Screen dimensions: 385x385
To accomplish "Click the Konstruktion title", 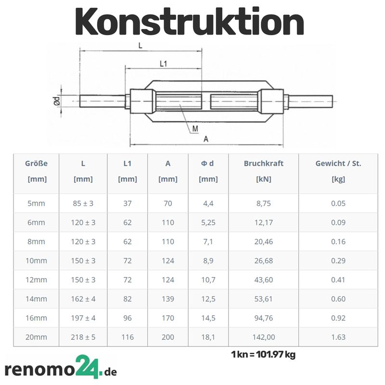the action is click(x=190, y=22).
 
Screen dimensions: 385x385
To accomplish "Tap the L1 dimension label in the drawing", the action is click(x=163, y=64).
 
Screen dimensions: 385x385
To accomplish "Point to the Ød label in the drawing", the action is click(x=57, y=101).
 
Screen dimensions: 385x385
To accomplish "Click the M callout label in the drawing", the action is click(x=195, y=128).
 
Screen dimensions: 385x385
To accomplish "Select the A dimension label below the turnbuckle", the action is click(x=206, y=139).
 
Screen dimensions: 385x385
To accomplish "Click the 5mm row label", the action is click(x=37, y=203).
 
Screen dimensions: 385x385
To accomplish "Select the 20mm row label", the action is click(x=37, y=337).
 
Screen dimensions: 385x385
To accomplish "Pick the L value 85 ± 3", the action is click(x=83, y=203).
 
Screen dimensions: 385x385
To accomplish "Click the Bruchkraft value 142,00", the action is click(x=263, y=337).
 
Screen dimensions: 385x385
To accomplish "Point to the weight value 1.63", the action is click(x=338, y=337).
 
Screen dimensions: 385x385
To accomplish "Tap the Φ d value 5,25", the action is click(x=208, y=222).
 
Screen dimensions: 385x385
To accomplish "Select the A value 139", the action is click(x=168, y=299).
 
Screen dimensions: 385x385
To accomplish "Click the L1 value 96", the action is click(x=128, y=318).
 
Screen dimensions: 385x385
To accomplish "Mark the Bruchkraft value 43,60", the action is click(x=263, y=280).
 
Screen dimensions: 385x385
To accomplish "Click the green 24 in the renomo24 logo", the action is click(x=89, y=367).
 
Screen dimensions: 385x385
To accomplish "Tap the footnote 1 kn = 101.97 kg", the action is click(x=263, y=355).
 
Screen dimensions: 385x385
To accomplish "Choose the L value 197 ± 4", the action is click(x=83, y=318).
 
